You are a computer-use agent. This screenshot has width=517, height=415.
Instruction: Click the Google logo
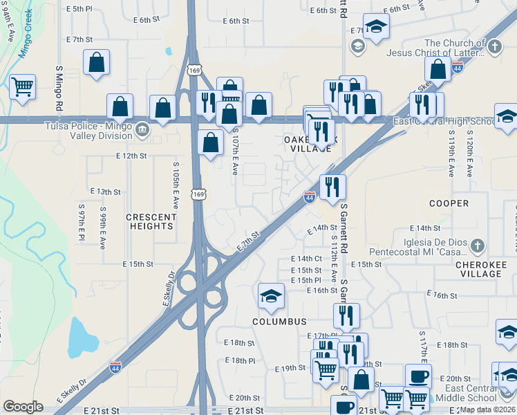(23, 407)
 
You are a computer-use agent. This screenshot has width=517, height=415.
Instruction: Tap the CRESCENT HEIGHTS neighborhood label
(151, 221)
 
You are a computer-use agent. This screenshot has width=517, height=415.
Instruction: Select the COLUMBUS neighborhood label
(279, 322)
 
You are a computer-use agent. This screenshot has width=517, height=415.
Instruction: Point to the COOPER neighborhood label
(449, 203)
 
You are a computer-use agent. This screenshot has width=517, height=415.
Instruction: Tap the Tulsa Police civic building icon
(142, 129)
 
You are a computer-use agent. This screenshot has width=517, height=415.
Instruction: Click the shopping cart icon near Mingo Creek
(23, 87)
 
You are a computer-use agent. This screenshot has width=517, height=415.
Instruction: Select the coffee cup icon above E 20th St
(418, 376)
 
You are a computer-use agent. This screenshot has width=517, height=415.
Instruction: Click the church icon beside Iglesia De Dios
(476, 245)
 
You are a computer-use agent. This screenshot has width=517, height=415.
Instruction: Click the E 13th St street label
(105, 191)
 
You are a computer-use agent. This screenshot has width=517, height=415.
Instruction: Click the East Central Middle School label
(472, 393)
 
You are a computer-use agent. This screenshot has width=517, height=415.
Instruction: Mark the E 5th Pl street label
(78, 8)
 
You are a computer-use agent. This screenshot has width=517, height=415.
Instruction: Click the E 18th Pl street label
(240, 361)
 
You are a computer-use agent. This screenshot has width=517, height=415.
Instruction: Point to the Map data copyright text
(487, 409)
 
